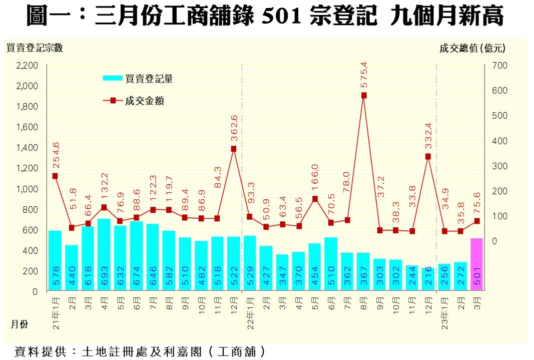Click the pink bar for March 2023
click(476, 264)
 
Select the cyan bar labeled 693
click(104, 254)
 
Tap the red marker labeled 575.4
click(364, 95)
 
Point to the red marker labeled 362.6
click(234, 149)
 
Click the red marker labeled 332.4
click(428, 156)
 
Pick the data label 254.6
click(56, 154)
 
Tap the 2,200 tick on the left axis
click(28, 66)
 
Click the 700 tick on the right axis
click(501, 66)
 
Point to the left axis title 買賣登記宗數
click(35, 48)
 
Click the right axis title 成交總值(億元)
click(472, 48)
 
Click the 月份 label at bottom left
click(20, 324)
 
